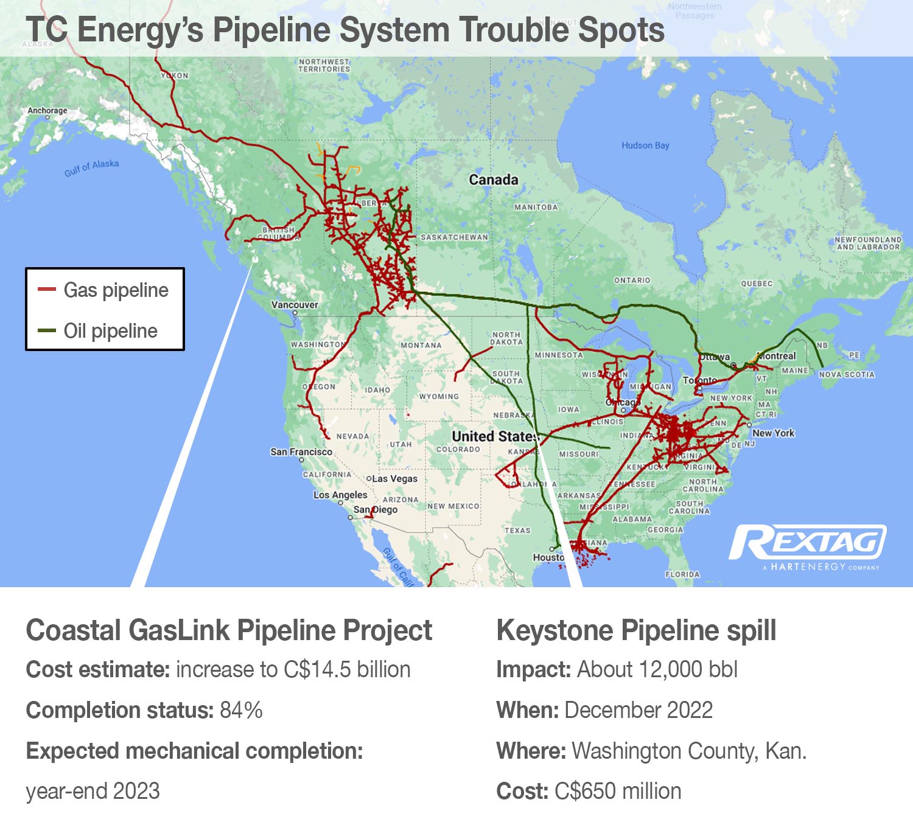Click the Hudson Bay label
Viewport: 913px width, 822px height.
tap(645, 145)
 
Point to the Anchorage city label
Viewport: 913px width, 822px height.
tap(47, 111)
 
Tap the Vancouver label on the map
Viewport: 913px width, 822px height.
tap(295, 305)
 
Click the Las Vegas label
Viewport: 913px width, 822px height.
tap(394, 479)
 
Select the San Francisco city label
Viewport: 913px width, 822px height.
tap(301, 452)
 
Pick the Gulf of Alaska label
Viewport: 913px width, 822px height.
tap(92, 167)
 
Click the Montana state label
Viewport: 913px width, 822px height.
tap(421, 345)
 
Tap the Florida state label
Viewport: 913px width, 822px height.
tap(682, 574)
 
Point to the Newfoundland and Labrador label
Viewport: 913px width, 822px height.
tap(868, 243)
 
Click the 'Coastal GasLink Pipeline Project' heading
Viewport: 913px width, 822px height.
tap(229, 630)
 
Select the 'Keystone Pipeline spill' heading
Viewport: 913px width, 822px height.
tap(636, 630)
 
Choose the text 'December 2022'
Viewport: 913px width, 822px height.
tap(638, 710)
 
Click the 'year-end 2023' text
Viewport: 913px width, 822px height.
tap(93, 791)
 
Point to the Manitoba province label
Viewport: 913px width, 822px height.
tap(536, 207)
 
